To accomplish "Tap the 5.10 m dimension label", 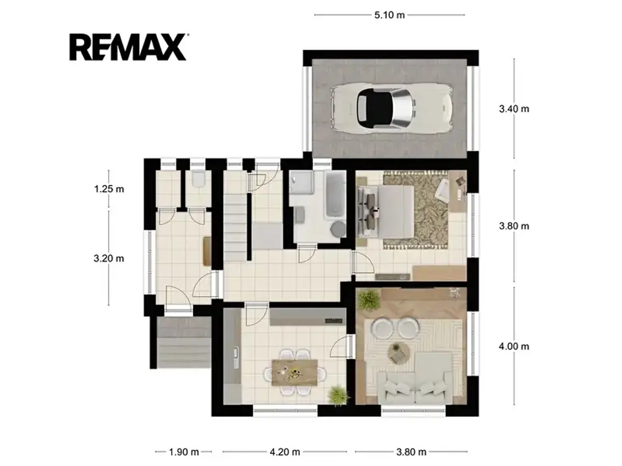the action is point(389,15).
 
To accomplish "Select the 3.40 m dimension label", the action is point(514,109).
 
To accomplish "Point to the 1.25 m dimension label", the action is point(109,188).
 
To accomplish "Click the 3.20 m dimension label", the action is point(109,258).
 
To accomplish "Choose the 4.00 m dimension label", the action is point(514,346).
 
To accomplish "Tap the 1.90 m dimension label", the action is point(183,452).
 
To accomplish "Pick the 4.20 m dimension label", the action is point(285,452).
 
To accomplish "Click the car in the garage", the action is point(392,108).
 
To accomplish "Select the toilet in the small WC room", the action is point(198,179).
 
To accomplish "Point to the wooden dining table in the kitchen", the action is point(294,372).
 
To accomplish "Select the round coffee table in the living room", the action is point(399,354).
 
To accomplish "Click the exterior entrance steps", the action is point(184,342).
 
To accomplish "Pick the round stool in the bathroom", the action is point(338,229).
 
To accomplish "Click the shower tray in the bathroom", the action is point(301,182).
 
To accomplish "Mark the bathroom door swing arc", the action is point(311,257).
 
